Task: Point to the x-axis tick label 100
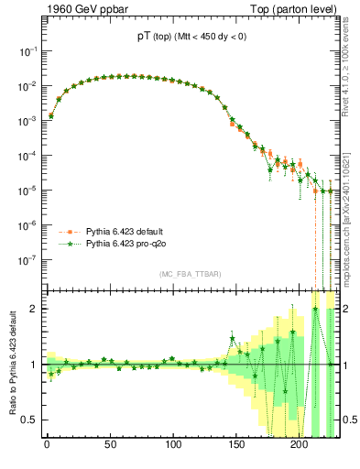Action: coord(173,451)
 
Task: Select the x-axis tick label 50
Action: coord(110,451)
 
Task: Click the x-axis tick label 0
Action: coord(47,451)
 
